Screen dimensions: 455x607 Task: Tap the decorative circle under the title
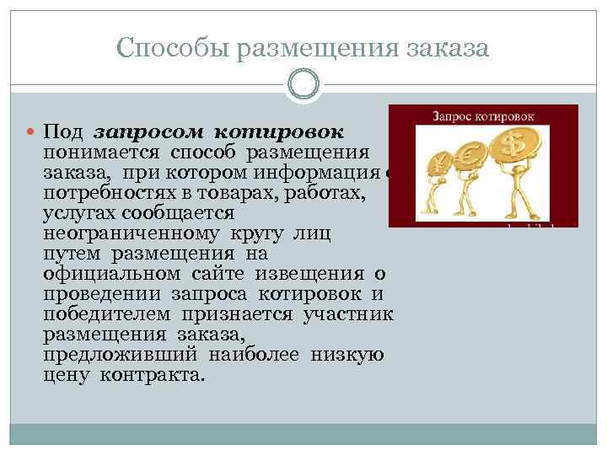tap(303, 85)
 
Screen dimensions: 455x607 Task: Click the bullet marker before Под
tap(31, 133)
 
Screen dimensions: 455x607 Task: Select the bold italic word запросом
tap(146, 133)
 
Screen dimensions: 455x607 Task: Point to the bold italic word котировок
tap(279, 133)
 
